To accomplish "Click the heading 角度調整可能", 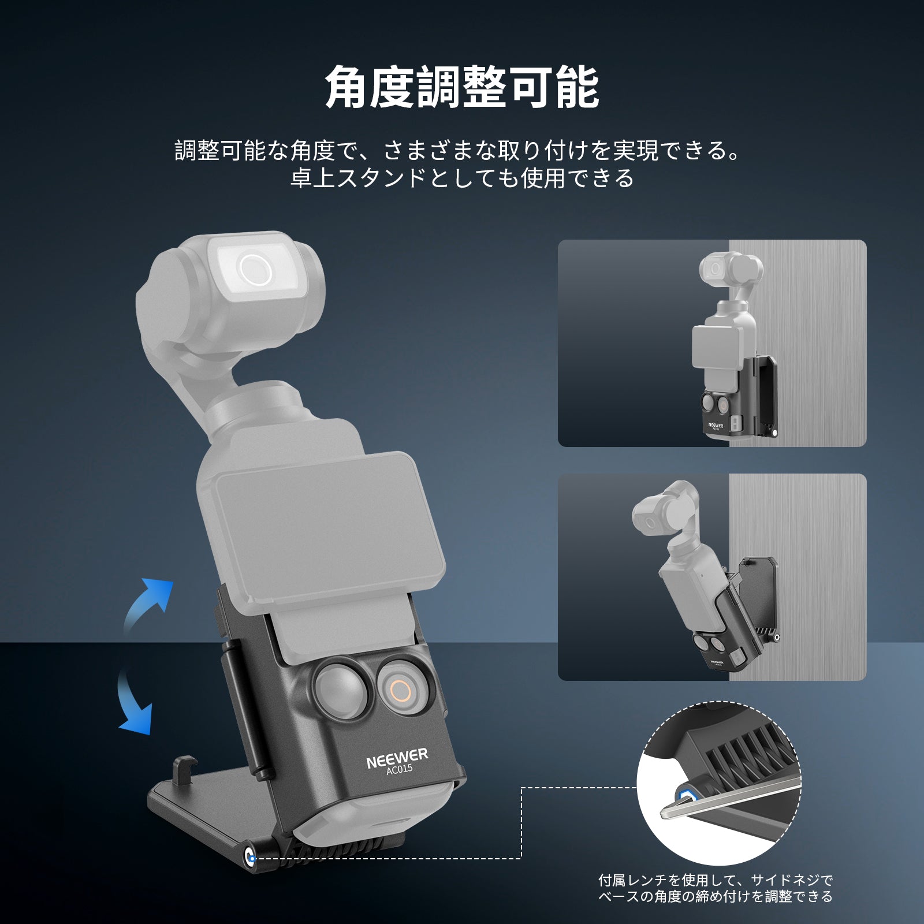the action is [462, 88].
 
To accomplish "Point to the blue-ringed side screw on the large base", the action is [251, 858].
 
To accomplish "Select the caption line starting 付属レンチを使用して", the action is [716, 881].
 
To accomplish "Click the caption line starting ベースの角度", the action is [716, 897].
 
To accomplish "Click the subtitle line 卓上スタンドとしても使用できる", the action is [462, 178].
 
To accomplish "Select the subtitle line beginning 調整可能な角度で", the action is [458, 151].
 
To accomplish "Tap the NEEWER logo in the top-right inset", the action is [716, 424].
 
